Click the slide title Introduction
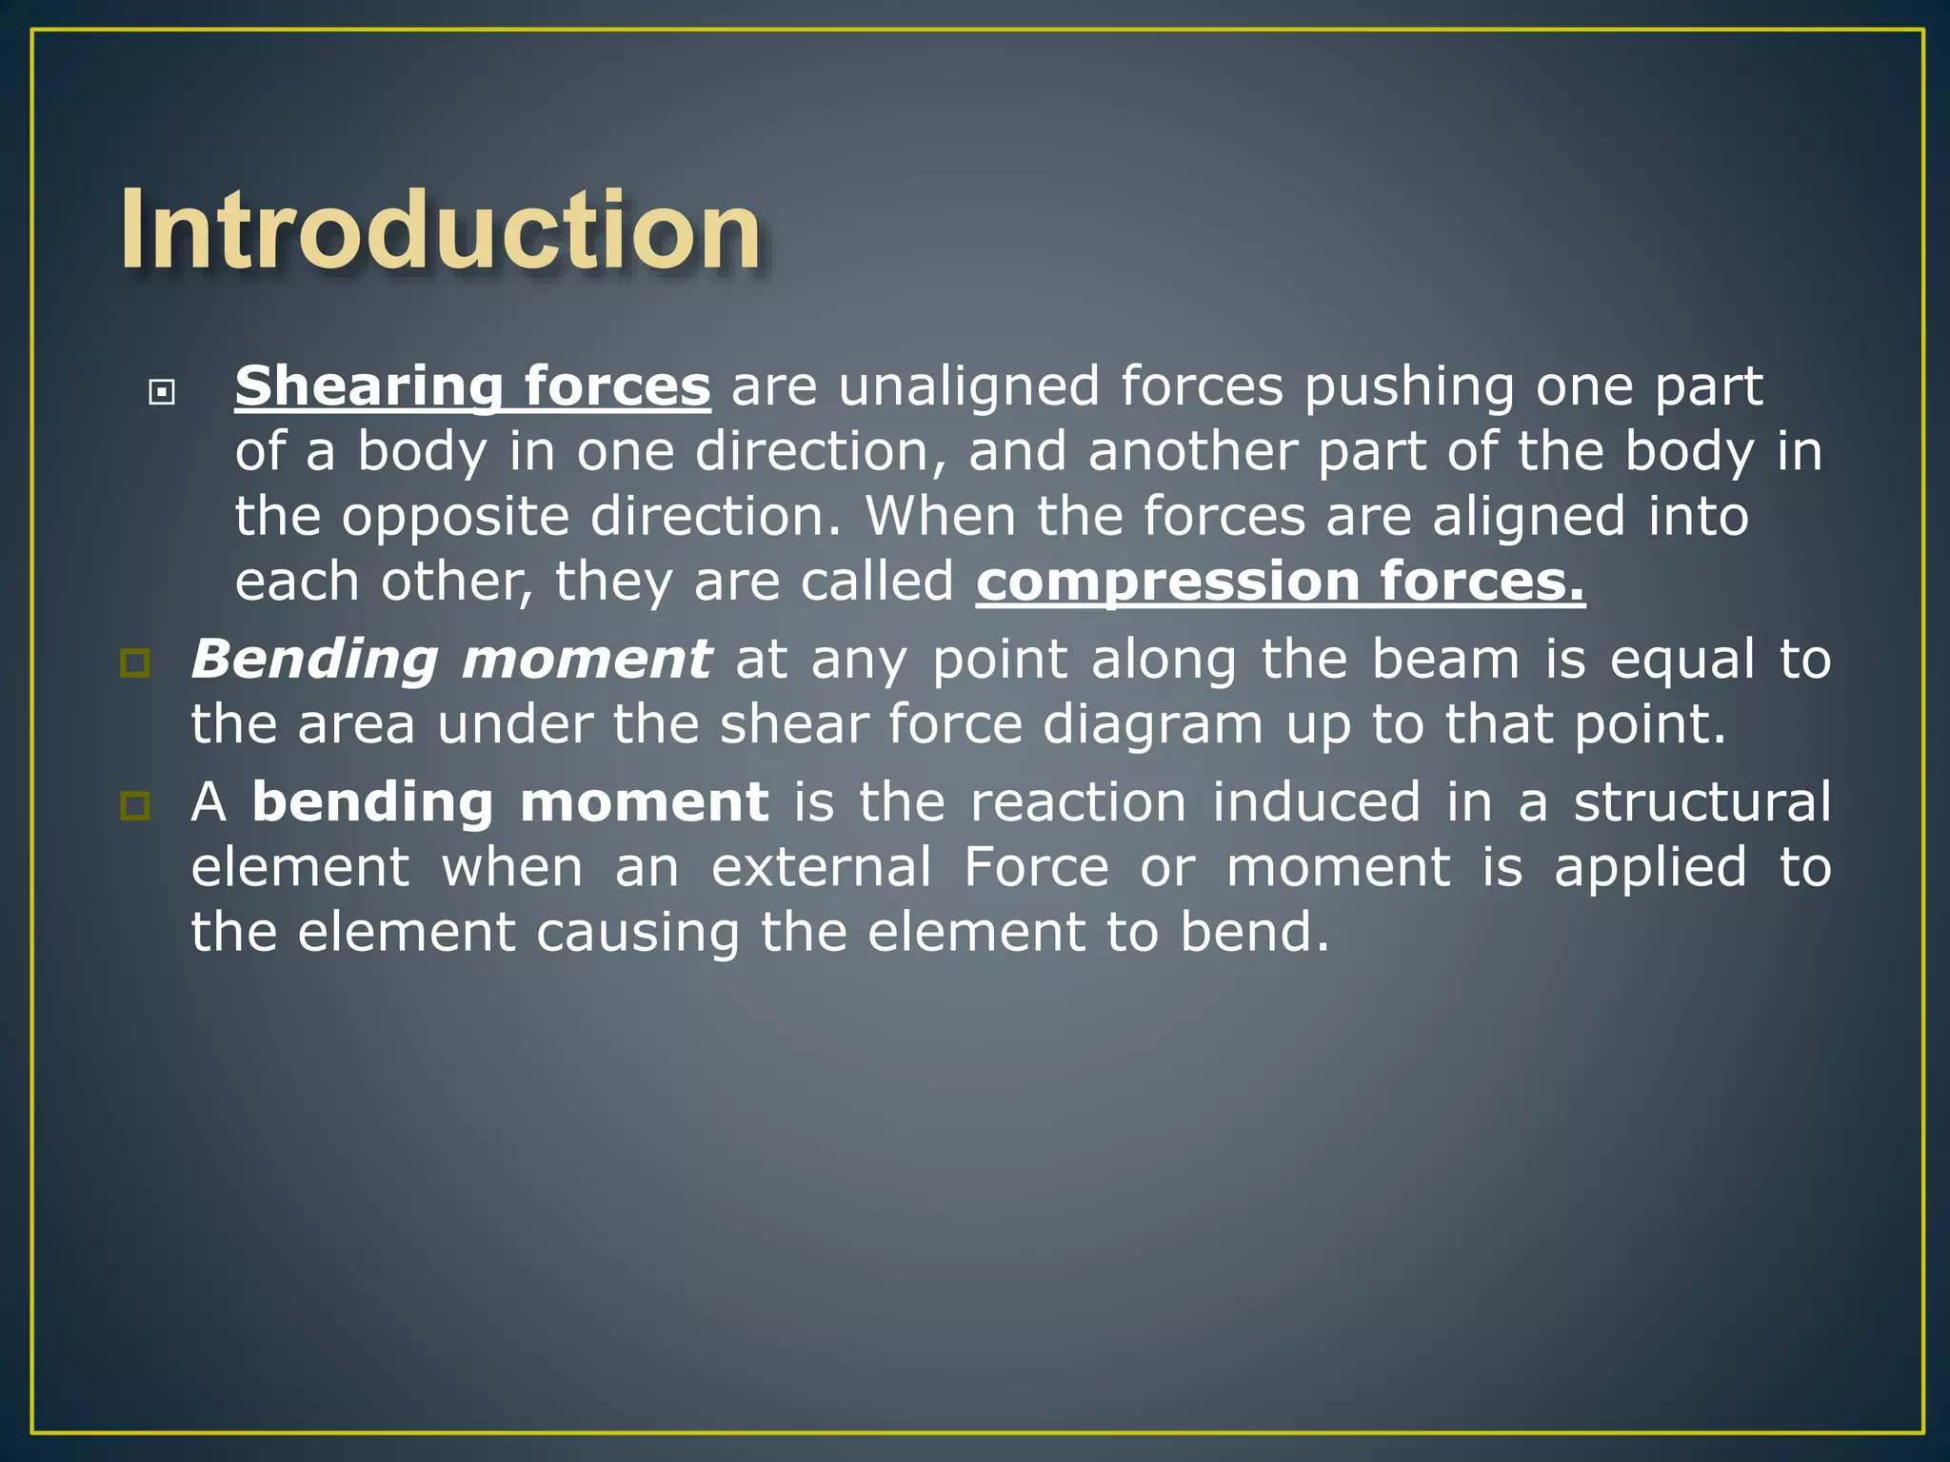click(440, 231)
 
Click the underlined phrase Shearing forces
click(472, 386)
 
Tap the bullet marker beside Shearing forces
click(162, 391)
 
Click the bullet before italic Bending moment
click(135, 662)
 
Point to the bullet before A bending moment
click(135, 806)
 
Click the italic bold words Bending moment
click(450, 659)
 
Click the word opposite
click(455, 517)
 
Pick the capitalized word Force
click(1036, 867)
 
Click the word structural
click(1701, 801)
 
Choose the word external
click(821, 867)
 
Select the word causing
click(638, 932)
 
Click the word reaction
click(1078, 801)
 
